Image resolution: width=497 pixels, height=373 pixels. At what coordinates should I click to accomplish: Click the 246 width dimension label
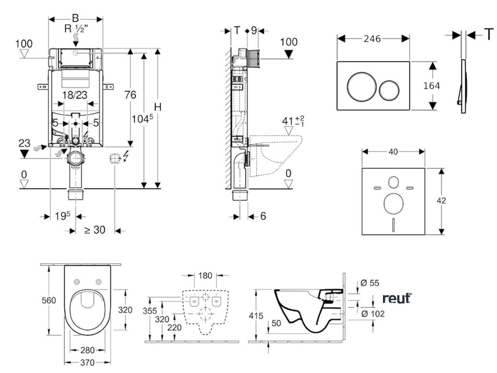[372, 39]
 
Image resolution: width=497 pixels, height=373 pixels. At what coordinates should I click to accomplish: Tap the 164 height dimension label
[431, 85]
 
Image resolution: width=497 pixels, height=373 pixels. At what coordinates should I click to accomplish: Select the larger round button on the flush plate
[362, 85]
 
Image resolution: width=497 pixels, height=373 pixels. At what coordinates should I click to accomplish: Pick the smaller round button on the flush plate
[390, 90]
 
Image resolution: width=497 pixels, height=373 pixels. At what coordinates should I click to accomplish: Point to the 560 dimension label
[49, 300]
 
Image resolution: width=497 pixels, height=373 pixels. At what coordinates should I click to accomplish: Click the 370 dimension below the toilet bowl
[87, 362]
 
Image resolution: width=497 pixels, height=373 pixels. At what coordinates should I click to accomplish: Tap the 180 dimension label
[205, 275]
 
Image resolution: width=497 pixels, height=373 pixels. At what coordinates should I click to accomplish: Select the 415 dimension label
[256, 316]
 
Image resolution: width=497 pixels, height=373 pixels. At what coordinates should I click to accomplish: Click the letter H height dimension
[158, 107]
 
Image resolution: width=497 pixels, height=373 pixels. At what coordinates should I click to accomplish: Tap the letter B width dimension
[75, 18]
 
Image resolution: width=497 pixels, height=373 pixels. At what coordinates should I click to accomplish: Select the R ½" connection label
[76, 29]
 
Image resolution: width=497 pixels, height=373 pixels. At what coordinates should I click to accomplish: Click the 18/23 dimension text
[75, 95]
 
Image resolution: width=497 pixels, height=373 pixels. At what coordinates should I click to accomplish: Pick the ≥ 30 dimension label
[95, 229]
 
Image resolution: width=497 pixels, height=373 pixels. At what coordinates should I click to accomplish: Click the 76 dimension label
[130, 95]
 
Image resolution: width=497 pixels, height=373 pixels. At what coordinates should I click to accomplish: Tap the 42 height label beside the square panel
[441, 201]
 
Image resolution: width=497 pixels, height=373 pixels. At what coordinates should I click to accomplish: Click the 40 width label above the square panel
[393, 152]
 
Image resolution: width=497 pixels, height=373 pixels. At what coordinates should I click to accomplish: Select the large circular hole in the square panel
[393, 203]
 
